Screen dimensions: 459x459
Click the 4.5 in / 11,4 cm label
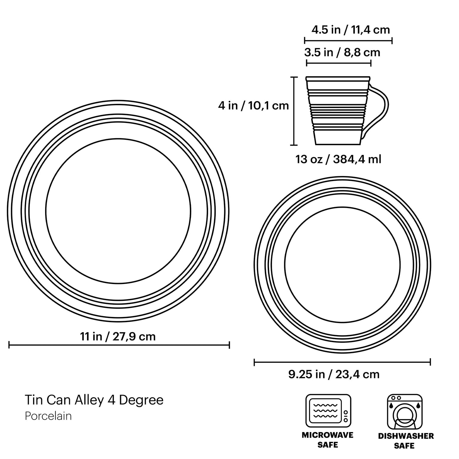(x=350, y=30)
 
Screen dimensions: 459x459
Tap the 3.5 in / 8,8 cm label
(x=342, y=52)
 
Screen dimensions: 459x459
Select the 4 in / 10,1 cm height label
(x=253, y=105)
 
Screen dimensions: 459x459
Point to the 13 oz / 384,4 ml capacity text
(x=338, y=159)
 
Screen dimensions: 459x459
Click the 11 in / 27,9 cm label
(x=118, y=336)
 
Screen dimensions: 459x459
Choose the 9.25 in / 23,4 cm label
(x=334, y=374)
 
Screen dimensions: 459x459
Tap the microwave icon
(x=328, y=411)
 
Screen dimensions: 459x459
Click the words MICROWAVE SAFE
(x=327, y=440)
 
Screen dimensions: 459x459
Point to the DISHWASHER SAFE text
(x=406, y=441)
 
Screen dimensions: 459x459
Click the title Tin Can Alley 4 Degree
(x=94, y=400)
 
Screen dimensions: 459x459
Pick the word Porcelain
(x=48, y=416)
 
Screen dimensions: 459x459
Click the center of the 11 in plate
(x=118, y=211)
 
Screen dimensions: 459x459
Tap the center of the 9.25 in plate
(x=342, y=265)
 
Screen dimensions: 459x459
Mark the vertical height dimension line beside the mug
(x=294, y=111)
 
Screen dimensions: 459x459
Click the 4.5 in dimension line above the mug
(x=348, y=40)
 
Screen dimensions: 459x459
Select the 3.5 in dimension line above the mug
(x=339, y=63)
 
